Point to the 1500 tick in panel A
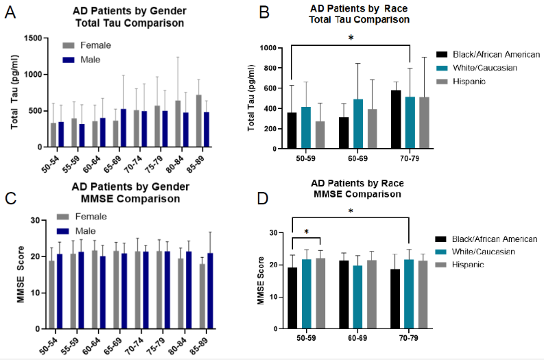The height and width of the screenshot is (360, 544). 30,38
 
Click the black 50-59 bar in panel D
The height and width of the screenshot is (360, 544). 293,298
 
